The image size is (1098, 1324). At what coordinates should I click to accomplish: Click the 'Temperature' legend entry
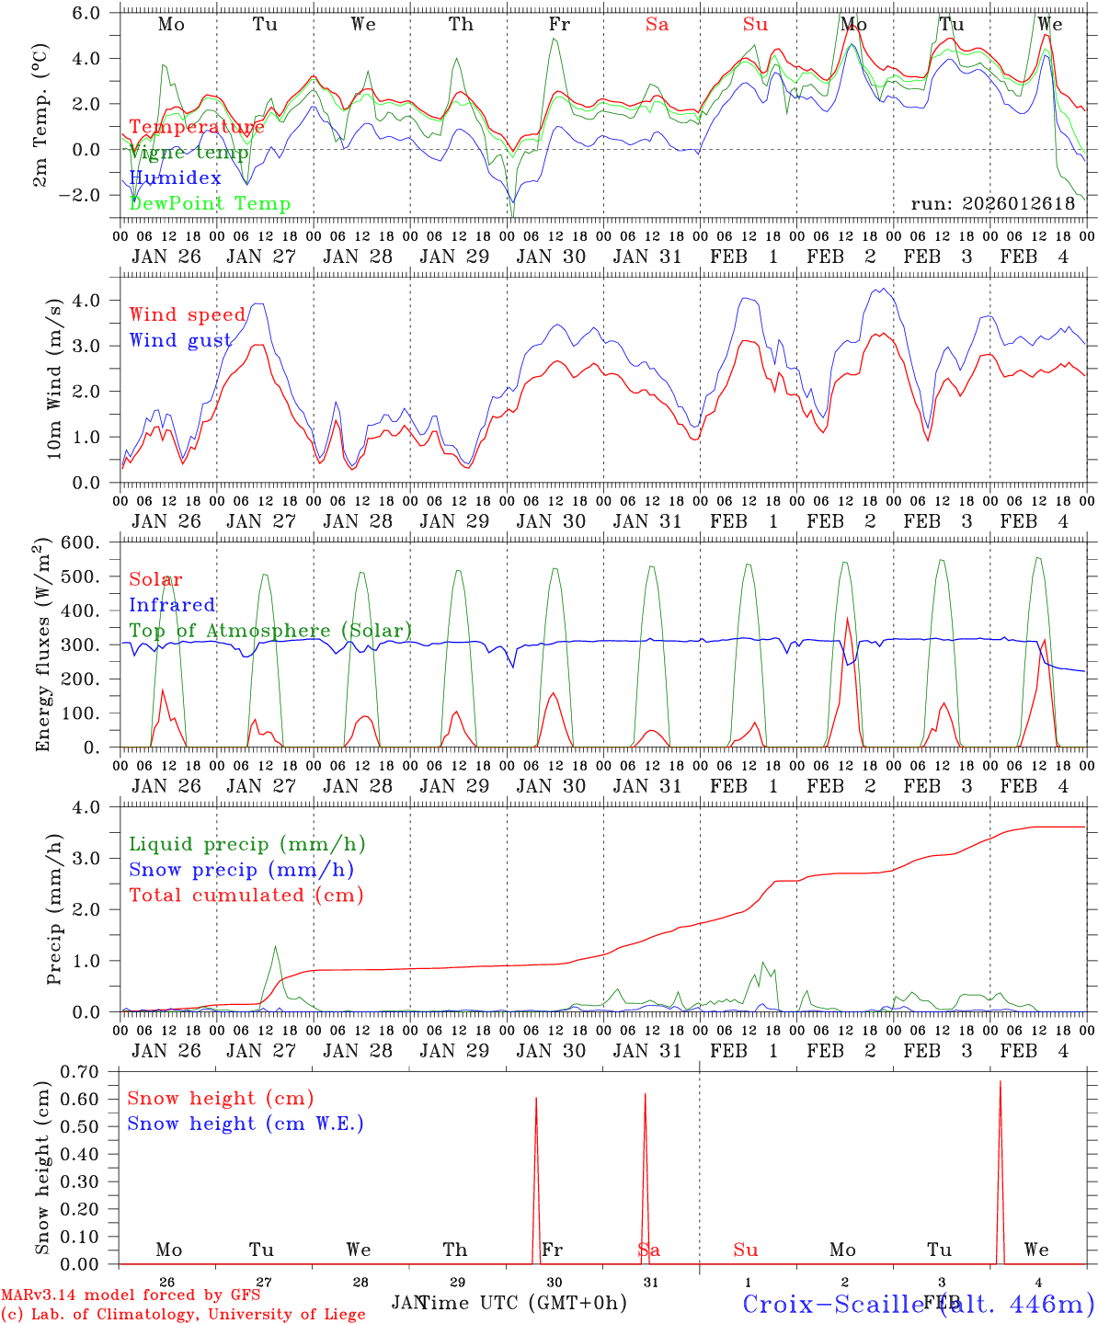tap(197, 127)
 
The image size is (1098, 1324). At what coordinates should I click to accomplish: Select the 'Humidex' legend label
tap(175, 177)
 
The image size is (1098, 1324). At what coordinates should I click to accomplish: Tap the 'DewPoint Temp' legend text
tap(210, 203)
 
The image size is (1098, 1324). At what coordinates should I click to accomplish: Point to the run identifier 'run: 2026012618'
tap(992, 203)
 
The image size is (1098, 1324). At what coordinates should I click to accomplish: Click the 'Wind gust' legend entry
tap(180, 340)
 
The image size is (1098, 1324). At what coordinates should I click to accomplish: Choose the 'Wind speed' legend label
tap(187, 315)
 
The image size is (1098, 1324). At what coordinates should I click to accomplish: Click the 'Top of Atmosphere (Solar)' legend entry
tap(270, 631)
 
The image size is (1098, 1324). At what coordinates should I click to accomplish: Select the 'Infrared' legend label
tap(172, 605)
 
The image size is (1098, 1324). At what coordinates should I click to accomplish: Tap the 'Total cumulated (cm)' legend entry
tap(246, 895)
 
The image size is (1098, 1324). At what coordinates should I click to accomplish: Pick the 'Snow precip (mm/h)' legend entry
tap(241, 870)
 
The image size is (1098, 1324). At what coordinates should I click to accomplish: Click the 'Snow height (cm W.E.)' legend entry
tap(246, 1124)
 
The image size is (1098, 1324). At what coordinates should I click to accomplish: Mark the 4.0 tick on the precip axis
tap(98, 807)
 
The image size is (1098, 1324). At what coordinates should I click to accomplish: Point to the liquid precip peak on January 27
tap(275, 946)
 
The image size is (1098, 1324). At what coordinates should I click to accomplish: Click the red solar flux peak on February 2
tap(847, 618)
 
